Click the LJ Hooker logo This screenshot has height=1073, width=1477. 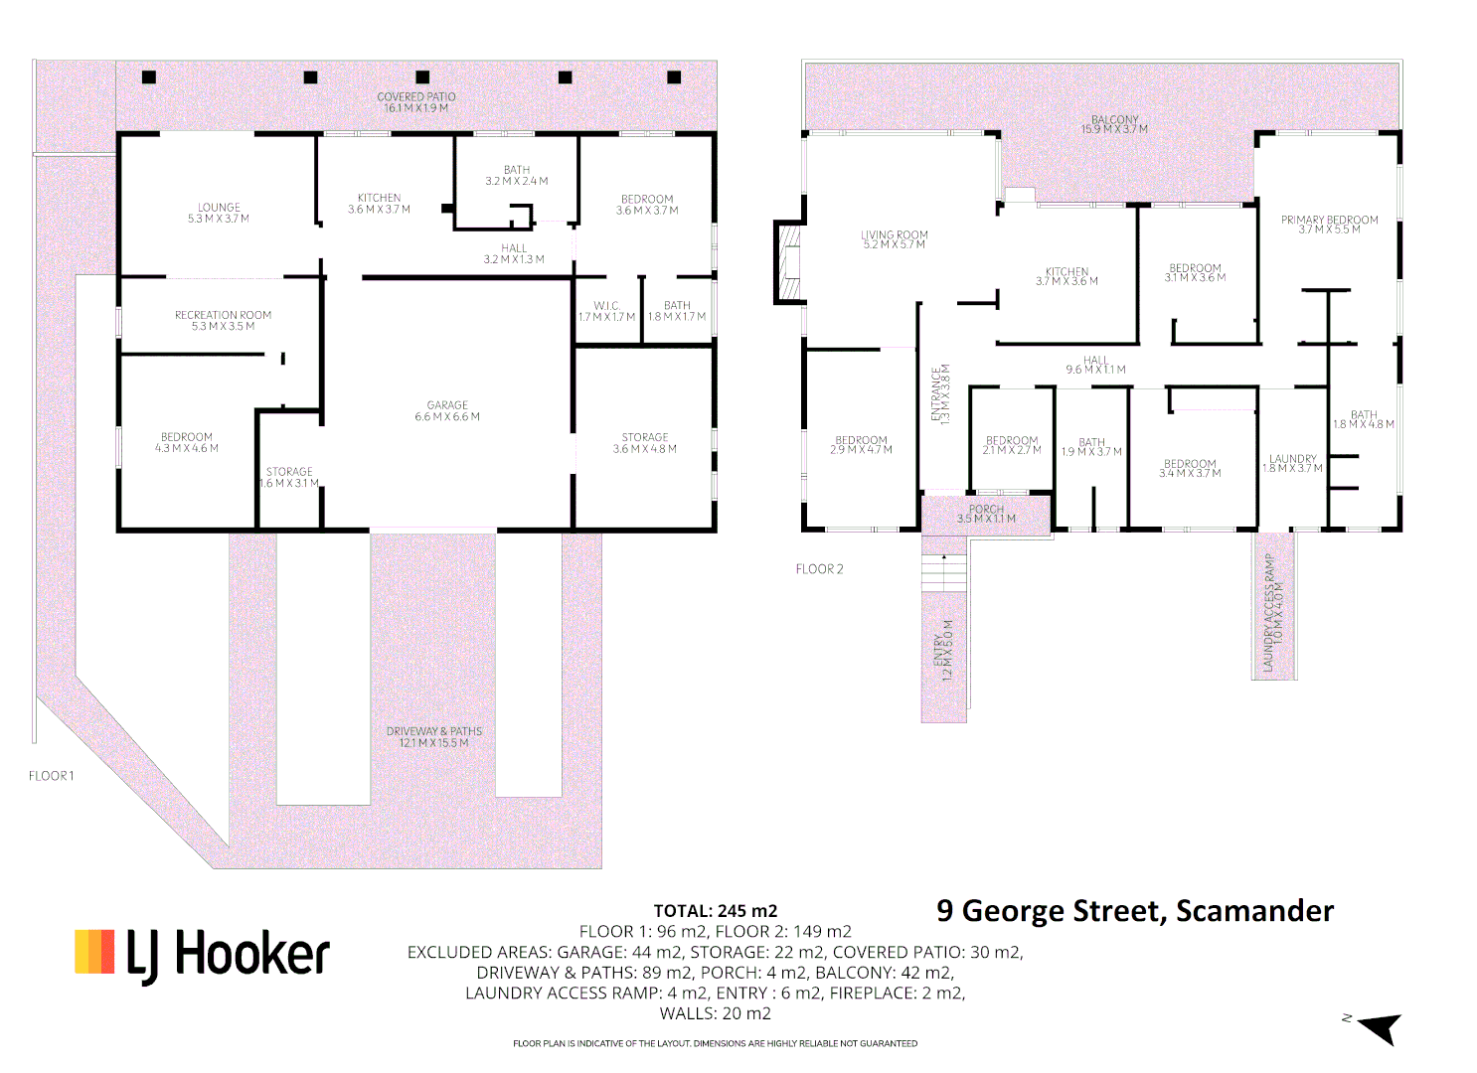202,955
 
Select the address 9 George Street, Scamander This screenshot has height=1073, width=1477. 1134,911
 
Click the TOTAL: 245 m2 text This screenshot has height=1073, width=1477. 715,911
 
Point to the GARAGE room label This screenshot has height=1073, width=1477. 447,411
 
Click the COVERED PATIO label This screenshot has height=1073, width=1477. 415,102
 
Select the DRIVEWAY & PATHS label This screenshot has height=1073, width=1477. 433,737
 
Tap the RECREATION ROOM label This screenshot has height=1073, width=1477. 223,320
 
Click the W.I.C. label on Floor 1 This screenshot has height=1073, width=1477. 606,312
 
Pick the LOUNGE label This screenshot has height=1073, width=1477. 219,213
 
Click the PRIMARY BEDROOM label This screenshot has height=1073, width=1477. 1329,225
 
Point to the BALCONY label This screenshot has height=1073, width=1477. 1114,124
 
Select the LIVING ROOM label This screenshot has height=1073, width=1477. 894,239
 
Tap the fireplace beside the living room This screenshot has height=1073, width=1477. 788,262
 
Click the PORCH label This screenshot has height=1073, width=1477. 986,514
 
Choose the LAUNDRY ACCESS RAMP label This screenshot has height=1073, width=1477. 1273,612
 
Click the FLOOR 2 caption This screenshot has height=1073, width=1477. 819,569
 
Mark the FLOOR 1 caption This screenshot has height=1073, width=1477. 51,776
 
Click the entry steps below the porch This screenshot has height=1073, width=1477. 943,573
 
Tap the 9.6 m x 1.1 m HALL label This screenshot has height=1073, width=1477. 1095,365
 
